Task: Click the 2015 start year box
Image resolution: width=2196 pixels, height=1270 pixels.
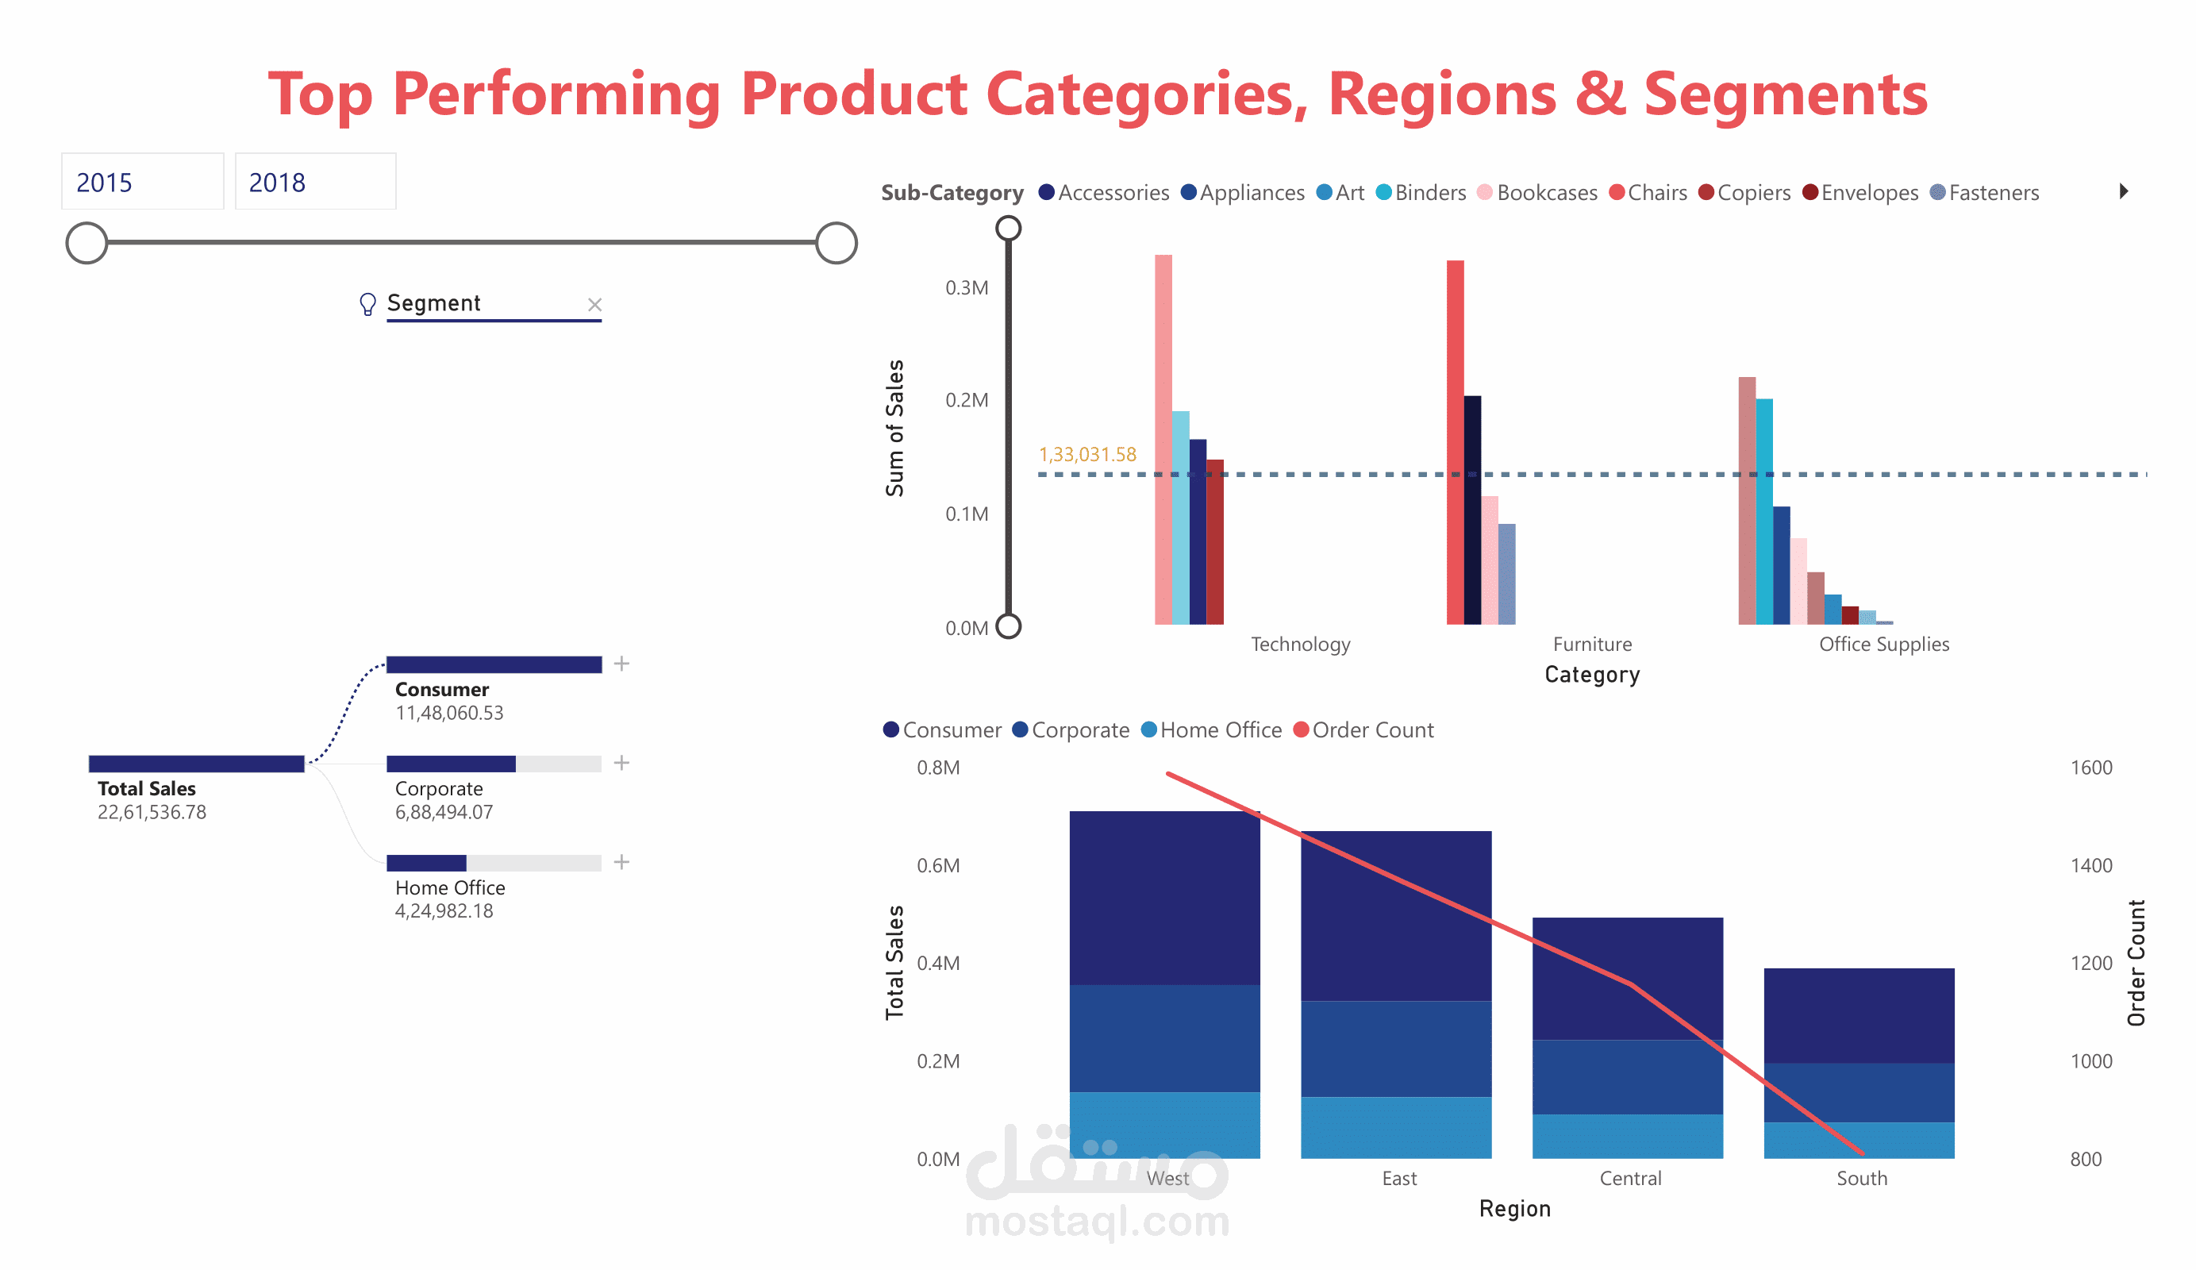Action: pyautogui.click(x=142, y=183)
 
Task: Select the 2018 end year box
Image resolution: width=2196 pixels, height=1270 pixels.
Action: pyautogui.click(x=314, y=183)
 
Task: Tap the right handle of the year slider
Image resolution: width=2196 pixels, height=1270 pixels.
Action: pyautogui.click(x=836, y=243)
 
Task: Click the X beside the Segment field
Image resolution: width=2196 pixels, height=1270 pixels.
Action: pyautogui.click(x=594, y=304)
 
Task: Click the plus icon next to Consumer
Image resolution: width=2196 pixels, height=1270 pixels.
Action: pyautogui.click(x=621, y=664)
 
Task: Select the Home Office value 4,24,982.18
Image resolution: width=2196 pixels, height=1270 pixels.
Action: pyautogui.click(x=444, y=911)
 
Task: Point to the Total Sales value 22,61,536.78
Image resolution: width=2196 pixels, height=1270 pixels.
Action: pyautogui.click(x=152, y=812)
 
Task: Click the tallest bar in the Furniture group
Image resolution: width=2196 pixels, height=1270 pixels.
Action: pyautogui.click(x=1455, y=441)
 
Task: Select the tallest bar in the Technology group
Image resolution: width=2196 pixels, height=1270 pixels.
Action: pyautogui.click(x=1163, y=438)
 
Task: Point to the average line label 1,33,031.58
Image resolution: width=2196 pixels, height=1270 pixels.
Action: pyautogui.click(x=1086, y=454)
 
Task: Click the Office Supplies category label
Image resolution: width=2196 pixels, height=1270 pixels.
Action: pyautogui.click(x=1883, y=645)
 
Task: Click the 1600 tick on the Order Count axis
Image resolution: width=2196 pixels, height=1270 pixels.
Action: pyautogui.click(x=2090, y=767)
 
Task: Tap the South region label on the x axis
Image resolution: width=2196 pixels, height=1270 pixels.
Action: pyautogui.click(x=1861, y=1179)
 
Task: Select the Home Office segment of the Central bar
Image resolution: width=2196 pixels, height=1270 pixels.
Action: pyautogui.click(x=1627, y=1136)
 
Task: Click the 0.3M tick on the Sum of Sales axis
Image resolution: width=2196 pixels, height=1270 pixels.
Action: pyautogui.click(x=967, y=287)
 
